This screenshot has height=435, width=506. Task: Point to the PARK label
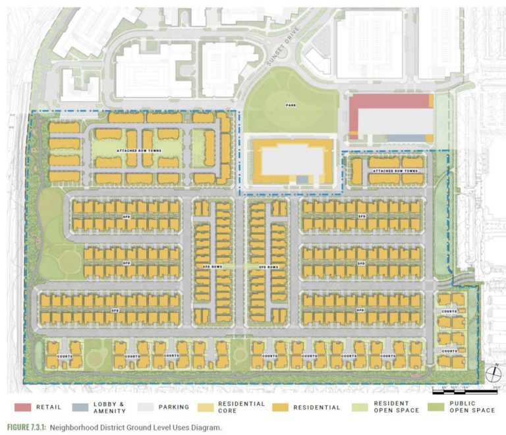290,105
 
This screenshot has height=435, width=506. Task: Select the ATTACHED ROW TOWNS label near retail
395,170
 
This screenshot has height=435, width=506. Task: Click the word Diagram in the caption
202,427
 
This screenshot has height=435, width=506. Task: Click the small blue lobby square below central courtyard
302,179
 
